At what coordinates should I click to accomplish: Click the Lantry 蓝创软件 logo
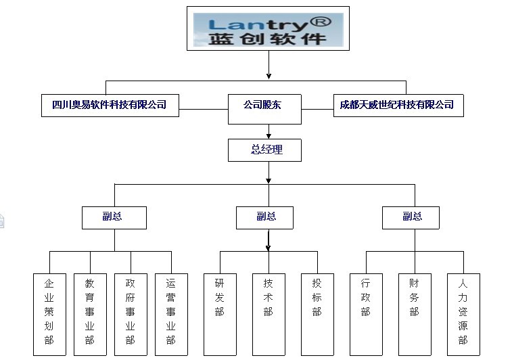(x=268, y=29)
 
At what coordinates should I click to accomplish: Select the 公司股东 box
(x=264, y=106)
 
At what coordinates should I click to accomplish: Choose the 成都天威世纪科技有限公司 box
(x=398, y=105)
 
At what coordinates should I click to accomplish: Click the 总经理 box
(x=266, y=150)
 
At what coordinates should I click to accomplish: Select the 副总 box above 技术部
(x=266, y=217)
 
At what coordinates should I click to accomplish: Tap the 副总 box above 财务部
(x=411, y=217)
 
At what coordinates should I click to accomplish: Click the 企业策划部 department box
(x=49, y=313)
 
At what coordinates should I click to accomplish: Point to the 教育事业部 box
(x=90, y=313)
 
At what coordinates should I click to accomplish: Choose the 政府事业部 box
(x=131, y=313)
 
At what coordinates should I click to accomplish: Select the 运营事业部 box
(x=171, y=313)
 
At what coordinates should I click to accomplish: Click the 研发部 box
(x=220, y=313)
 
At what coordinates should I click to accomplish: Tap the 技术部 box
(x=269, y=313)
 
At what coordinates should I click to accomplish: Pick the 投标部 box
(x=317, y=313)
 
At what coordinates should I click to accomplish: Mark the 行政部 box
(x=366, y=313)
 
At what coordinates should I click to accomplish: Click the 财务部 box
(x=415, y=313)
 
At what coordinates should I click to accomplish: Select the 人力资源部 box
(x=463, y=313)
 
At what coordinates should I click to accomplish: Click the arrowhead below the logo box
(x=269, y=75)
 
